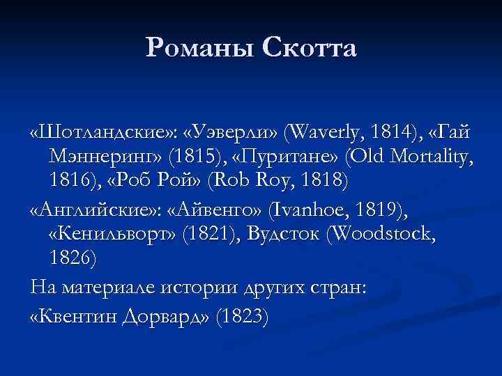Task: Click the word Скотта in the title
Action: pyautogui.click(x=310, y=48)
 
